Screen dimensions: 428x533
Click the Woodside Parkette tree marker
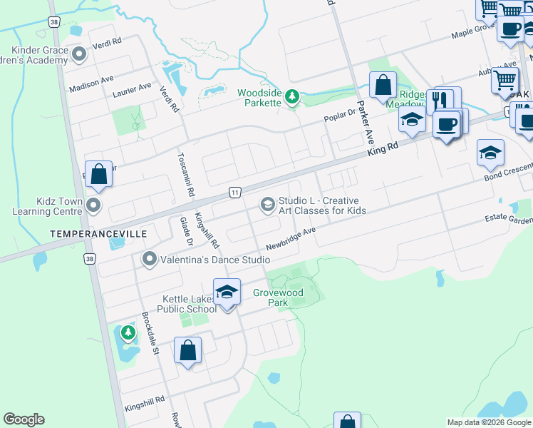291,96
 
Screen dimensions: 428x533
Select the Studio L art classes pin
267,205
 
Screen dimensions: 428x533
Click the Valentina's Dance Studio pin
149,259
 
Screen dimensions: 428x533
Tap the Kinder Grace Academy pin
79,54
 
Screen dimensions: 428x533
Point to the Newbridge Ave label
290,240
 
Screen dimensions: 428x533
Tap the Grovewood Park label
278,297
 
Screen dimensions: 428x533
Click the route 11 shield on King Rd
234,192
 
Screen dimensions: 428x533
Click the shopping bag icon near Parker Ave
383,86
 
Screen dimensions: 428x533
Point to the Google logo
24,419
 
